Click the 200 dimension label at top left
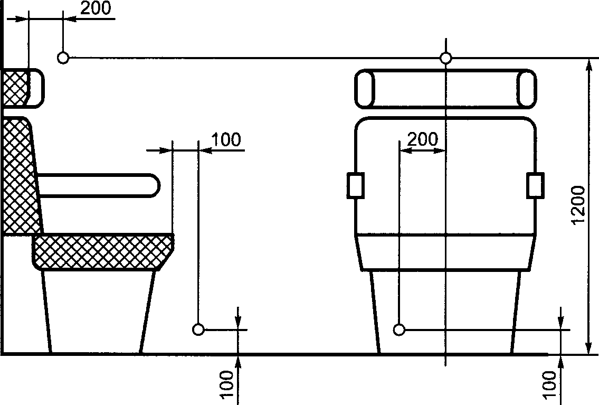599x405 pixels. (96, 8)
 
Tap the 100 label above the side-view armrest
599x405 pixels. (226, 140)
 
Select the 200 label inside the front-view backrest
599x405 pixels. (423, 139)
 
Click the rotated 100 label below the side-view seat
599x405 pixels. (227, 385)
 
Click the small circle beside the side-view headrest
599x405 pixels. (63, 58)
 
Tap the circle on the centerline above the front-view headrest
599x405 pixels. (445, 58)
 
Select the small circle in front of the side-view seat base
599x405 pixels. (198, 329)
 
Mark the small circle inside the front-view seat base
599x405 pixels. (399, 329)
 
